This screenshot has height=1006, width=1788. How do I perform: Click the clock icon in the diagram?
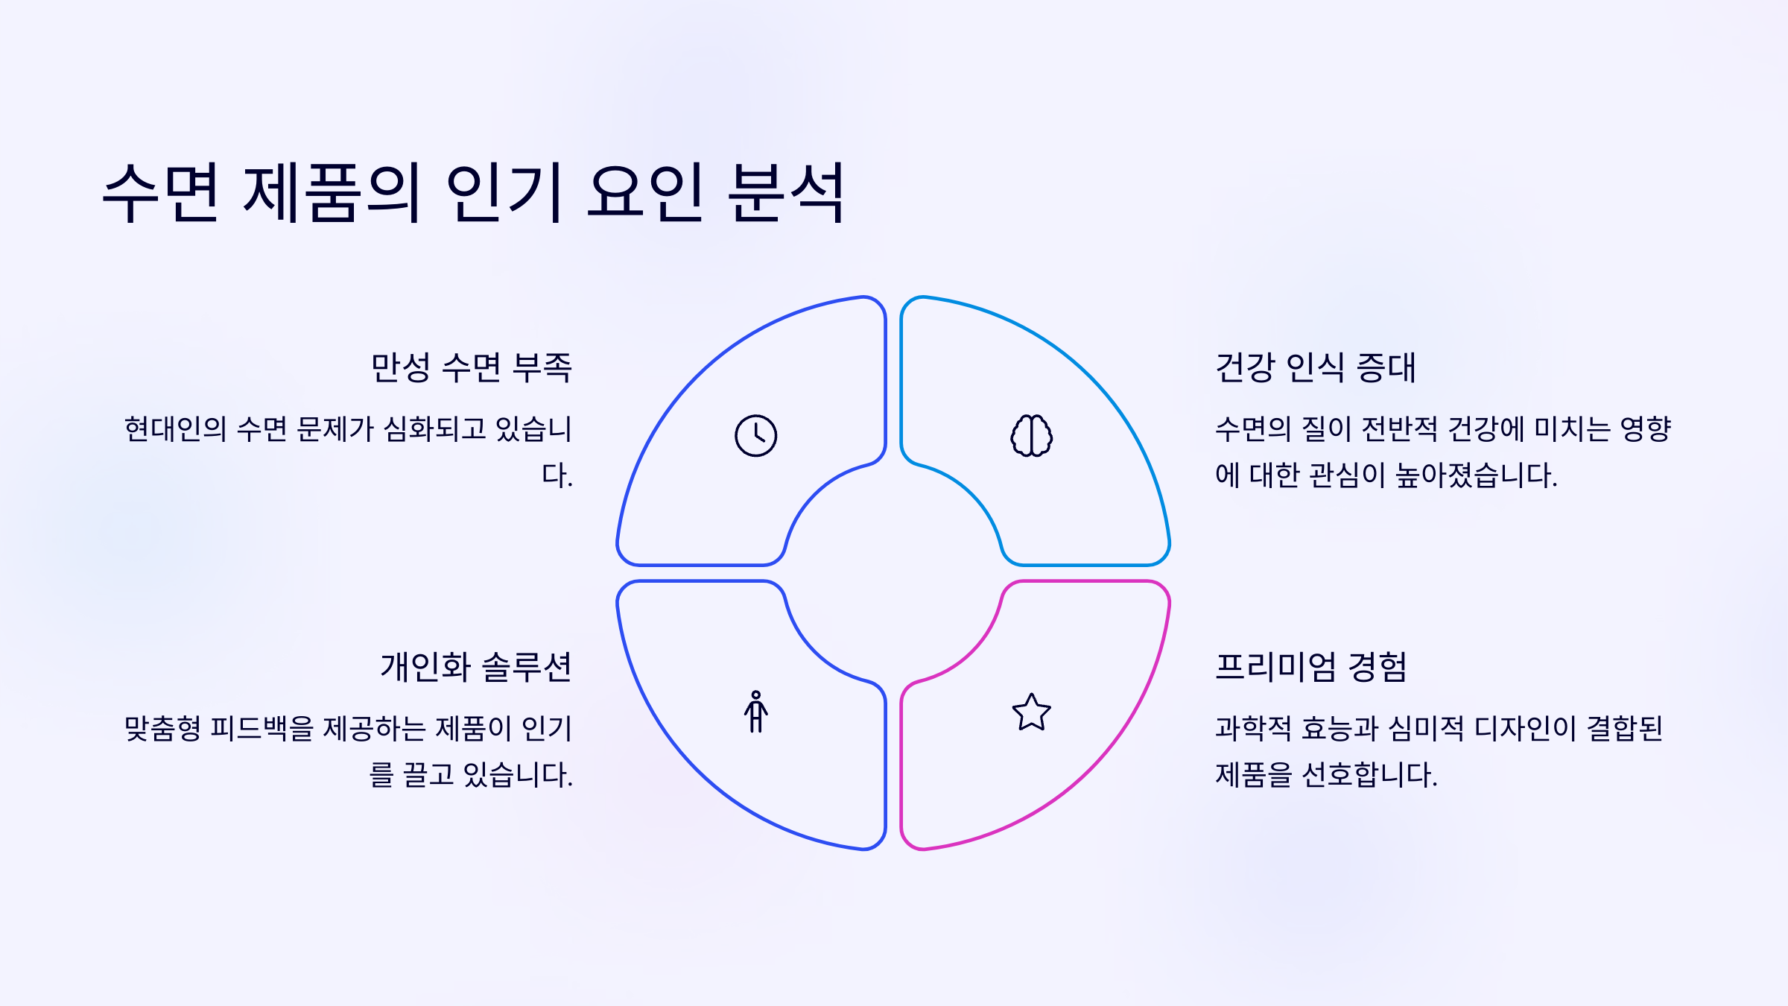755,436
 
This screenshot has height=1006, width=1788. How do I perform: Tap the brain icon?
1031,436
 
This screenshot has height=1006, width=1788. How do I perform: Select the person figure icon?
755,712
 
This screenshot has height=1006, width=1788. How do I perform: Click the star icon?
1031,712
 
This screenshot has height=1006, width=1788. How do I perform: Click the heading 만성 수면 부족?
472,367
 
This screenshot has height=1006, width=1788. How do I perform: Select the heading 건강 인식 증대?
1315,367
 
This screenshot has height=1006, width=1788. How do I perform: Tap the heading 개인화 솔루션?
476,667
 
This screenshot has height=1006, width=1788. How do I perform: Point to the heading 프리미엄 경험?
1311,667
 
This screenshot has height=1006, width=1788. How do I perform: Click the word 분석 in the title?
786,193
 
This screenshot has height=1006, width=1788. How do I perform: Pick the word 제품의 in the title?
332,193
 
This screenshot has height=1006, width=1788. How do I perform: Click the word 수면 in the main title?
161,193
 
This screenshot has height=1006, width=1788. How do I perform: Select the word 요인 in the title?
645,193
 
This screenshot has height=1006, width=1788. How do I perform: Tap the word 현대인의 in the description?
175,429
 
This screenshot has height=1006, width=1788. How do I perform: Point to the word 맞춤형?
162,729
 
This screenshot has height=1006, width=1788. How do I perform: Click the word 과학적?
1253,729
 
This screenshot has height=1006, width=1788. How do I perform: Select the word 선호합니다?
1369,775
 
